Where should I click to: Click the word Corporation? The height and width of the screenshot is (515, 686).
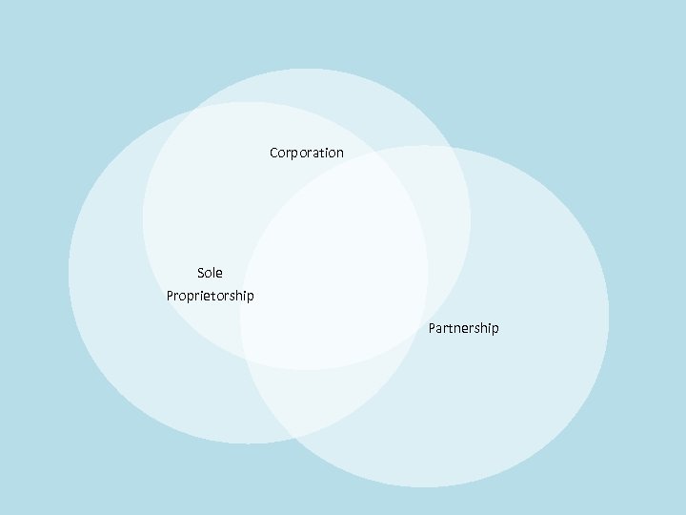coord(307,153)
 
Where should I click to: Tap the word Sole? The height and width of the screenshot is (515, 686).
coord(210,273)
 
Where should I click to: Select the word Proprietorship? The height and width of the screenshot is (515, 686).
coord(210,296)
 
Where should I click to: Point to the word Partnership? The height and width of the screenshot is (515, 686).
coord(463,328)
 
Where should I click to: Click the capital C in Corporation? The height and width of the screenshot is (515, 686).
coord(274,153)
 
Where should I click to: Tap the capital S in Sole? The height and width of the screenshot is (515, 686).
coord(201,273)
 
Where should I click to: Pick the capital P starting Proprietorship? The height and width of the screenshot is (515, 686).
coord(171,296)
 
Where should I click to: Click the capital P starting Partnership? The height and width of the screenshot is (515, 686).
coord(433,328)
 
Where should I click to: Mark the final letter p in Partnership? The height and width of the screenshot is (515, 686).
coord(494,329)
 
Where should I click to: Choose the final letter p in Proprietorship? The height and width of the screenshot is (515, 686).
coord(251,297)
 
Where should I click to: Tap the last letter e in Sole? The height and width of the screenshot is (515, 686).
coord(219,274)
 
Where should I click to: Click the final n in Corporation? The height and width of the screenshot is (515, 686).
coord(340,153)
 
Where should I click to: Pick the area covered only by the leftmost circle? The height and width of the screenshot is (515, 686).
coord(124,315)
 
